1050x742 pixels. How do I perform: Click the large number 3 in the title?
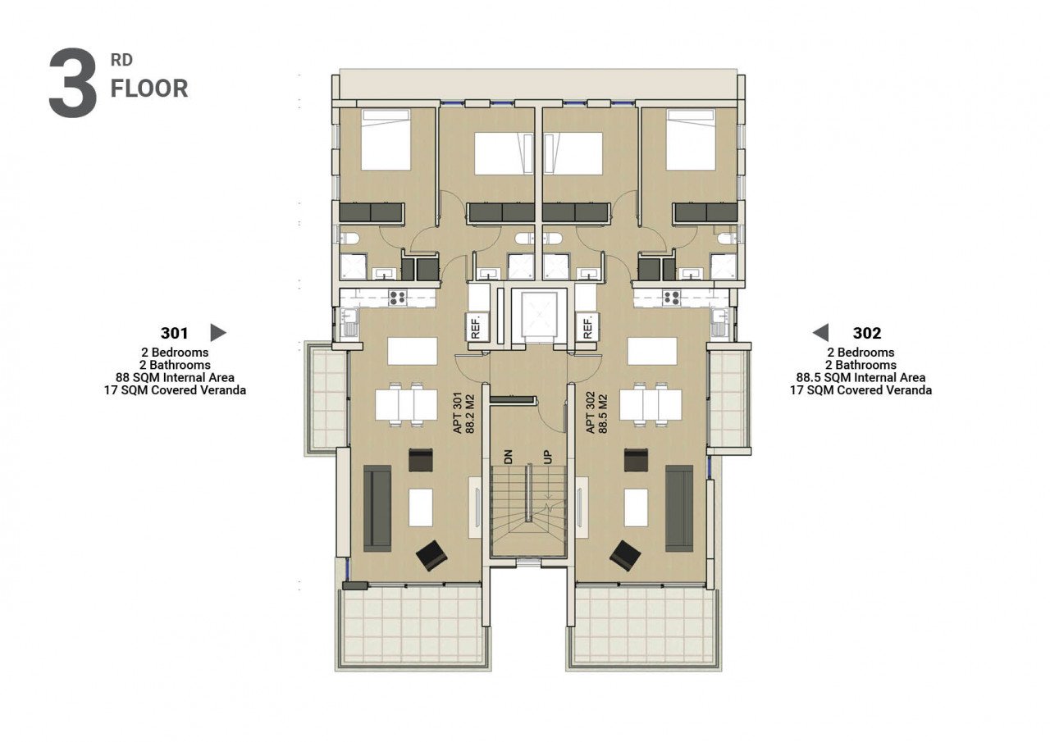[73, 83]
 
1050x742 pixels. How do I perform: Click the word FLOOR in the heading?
[149, 89]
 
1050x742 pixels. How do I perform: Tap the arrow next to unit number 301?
[218, 333]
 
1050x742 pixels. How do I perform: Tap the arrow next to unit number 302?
[820, 333]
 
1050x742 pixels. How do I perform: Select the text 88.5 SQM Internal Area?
[861, 377]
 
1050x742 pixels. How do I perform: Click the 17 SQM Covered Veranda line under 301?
[175, 389]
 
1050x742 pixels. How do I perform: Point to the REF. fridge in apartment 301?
[477, 326]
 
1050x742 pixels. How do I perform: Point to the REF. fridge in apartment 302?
[588, 326]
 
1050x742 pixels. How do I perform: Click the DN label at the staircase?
[508, 457]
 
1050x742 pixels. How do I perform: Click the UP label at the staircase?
[547, 457]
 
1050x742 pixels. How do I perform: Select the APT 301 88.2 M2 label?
[464, 413]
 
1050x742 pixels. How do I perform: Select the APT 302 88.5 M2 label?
[596, 413]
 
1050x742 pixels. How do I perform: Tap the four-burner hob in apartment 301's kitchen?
[398, 298]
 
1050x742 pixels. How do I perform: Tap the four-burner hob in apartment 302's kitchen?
[671, 298]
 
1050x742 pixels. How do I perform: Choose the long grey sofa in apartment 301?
[377, 508]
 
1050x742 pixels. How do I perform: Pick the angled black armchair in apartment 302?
[625, 556]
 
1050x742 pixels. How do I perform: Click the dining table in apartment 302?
[651, 405]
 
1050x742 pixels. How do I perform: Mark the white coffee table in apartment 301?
[421, 508]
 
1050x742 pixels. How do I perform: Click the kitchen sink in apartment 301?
[349, 323]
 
